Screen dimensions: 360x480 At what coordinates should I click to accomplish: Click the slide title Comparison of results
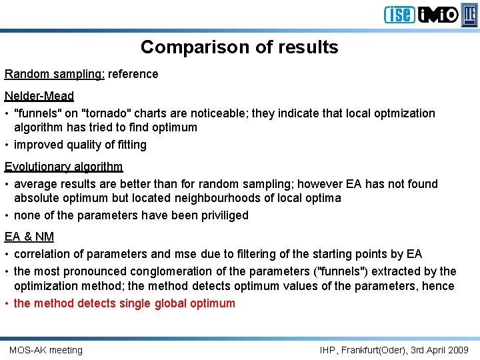click(239, 47)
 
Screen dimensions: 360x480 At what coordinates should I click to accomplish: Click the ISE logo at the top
click(399, 14)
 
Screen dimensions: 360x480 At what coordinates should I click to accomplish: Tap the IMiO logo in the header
click(438, 14)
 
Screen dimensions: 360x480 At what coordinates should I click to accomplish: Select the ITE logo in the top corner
click(470, 14)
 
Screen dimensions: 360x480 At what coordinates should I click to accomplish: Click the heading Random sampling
click(54, 74)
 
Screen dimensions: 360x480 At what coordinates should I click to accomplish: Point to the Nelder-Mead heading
click(39, 96)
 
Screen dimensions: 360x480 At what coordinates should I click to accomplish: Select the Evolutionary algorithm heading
click(64, 167)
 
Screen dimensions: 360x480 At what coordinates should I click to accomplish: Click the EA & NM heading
click(29, 237)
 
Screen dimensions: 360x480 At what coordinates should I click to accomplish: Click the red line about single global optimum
click(124, 303)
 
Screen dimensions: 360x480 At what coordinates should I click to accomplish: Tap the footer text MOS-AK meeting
click(46, 350)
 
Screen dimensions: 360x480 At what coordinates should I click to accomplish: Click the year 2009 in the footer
click(457, 350)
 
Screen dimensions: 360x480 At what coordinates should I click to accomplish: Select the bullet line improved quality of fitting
click(80, 145)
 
